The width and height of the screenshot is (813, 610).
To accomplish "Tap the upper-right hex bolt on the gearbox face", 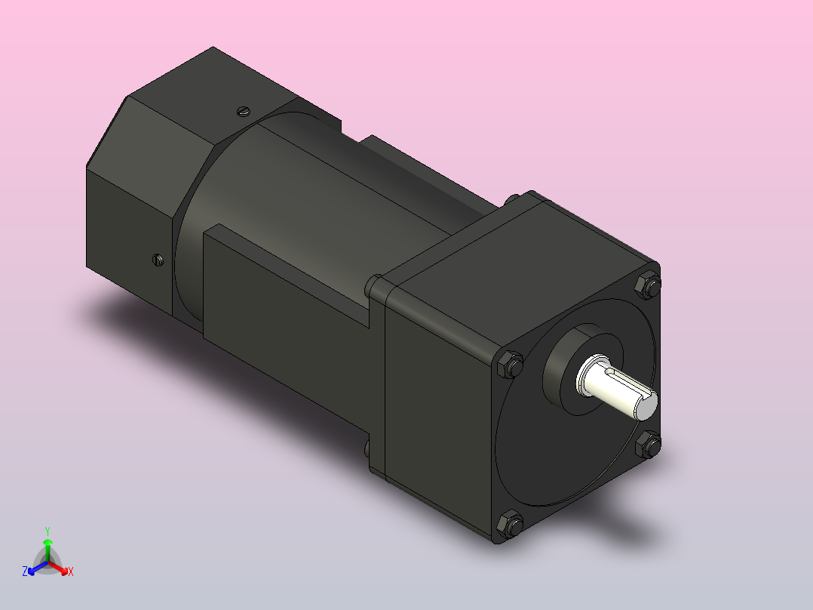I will [x=648, y=285].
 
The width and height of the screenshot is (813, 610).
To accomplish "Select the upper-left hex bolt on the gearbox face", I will [x=511, y=365].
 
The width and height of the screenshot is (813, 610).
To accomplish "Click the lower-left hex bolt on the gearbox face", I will [x=511, y=522].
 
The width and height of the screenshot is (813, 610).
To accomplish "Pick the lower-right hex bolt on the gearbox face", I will [x=648, y=444].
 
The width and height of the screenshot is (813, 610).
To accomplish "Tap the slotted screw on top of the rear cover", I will [x=242, y=111].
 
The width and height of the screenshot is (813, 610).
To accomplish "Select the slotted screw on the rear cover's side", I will [x=158, y=260].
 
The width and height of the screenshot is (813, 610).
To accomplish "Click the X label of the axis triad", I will [x=71, y=571].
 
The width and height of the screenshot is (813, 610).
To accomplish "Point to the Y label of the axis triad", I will [x=47, y=531].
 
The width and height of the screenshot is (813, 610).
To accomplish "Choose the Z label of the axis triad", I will [x=25, y=571].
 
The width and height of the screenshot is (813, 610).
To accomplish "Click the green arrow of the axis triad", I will [x=48, y=547].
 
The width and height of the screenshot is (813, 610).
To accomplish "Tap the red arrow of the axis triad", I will [x=60, y=567].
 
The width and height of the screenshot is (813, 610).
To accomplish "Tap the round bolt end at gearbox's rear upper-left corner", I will [x=373, y=285].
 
